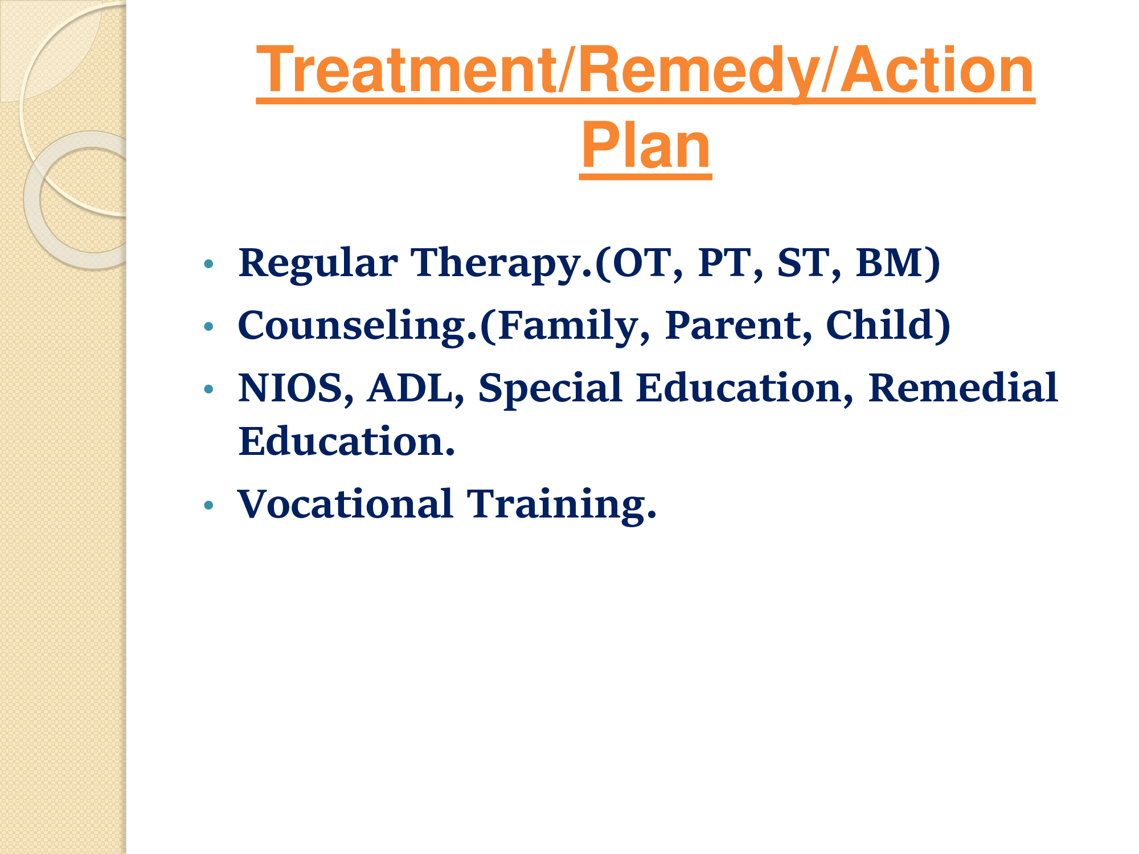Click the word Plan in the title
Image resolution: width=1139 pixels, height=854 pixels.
(x=646, y=146)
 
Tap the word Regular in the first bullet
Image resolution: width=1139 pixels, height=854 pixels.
(x=318, y=264)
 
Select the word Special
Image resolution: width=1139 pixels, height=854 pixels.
(x=550, y=388)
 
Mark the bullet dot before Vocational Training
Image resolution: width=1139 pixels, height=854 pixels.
(x=209, y=505)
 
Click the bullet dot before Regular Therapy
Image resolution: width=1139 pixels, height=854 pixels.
(x=209, y=264)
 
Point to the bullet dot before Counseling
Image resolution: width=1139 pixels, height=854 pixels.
(x=209, y=326)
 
